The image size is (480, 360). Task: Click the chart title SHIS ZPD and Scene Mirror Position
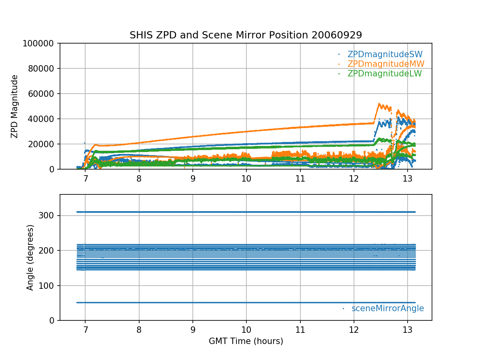[246, 35]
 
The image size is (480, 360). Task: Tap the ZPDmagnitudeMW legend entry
[386, 64]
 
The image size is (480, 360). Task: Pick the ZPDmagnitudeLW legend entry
[384, 74]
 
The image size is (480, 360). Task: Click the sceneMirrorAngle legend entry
[387, 308]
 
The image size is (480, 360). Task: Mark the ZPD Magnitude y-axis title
[15, 106]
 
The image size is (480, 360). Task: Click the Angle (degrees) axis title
[30, 257]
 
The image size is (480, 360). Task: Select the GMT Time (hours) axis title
[246, 341]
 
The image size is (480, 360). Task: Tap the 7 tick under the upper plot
[85, 178]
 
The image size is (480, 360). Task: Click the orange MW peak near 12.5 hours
[379, 104]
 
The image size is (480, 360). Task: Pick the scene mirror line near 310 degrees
[246, 212]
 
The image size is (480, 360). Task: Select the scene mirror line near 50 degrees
[246, 302]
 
